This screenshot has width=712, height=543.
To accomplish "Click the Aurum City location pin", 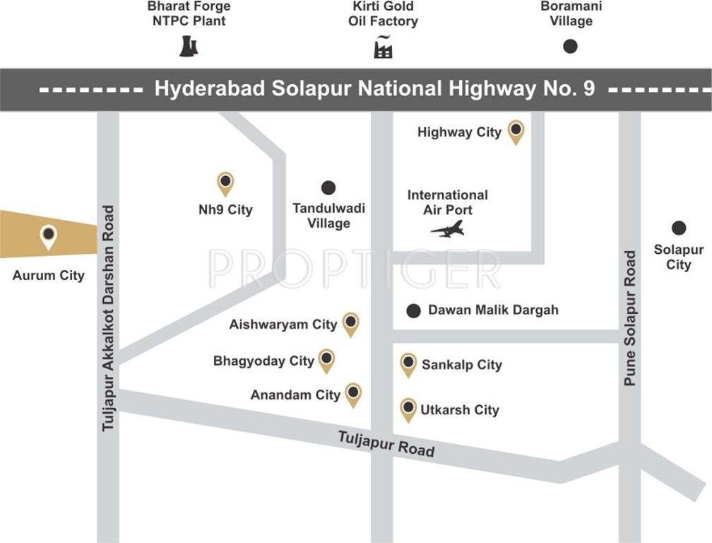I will point(48,235).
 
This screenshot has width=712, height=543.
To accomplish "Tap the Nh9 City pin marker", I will point(225,183).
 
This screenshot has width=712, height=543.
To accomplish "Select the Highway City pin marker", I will point(517,131).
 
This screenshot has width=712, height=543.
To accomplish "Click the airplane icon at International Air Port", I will point(448,229).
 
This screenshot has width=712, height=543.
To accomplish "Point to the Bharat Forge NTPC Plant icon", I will point(189,46).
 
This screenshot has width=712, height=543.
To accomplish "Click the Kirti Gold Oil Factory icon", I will point(383,46).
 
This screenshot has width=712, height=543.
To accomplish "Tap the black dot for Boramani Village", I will point(570,47).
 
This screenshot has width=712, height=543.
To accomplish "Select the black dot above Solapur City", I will point(679,228).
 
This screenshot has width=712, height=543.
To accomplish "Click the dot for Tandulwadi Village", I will point(328,188).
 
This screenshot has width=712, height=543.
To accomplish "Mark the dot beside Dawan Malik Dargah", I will point(414,310).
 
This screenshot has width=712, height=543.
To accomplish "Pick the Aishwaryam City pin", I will point(350,323).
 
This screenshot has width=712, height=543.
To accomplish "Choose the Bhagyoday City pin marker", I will point(326,360).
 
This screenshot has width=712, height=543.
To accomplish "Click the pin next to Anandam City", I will point(353,394).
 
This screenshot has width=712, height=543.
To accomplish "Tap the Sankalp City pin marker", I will point(408,363).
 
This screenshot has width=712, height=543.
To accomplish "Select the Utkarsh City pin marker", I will point(408,409).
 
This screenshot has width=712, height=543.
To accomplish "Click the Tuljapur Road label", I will point(386,443).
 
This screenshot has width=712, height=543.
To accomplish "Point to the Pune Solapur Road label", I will point(630,318).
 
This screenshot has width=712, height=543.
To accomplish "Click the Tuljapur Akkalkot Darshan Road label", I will point(108,318).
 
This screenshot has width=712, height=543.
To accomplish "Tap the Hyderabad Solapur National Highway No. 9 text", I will point(374,89).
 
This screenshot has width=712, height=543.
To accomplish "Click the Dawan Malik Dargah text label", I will point(493,310).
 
